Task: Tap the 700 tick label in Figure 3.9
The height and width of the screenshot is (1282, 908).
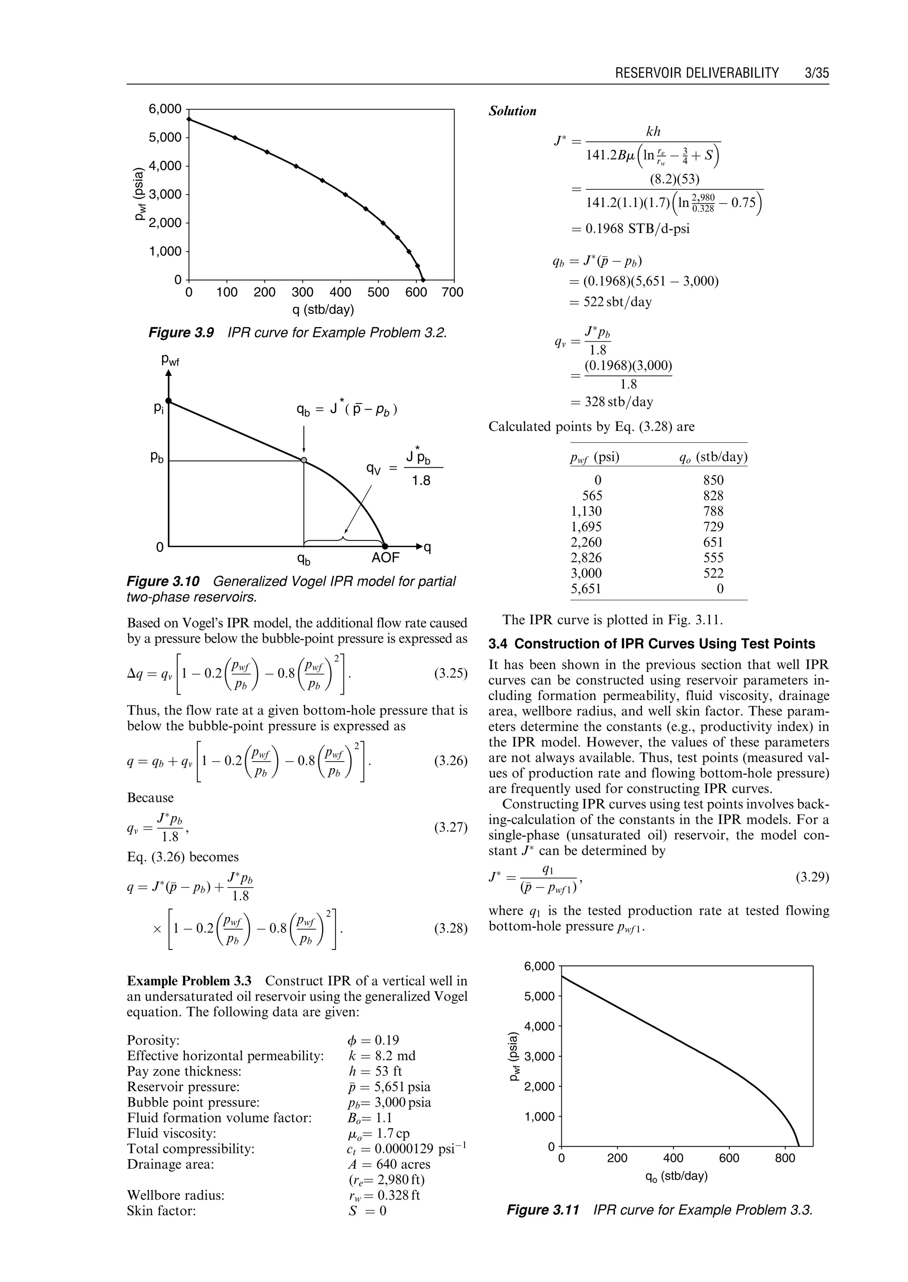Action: click(x=453, y=293)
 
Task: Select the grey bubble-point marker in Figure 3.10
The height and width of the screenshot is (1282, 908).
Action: click(x=304, y=460)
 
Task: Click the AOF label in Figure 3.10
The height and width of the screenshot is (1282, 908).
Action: click(x=386, y=558)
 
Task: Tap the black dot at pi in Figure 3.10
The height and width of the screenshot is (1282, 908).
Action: click(x=168, y=400)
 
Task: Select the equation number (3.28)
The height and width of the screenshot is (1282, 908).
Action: click(x=450, y=929)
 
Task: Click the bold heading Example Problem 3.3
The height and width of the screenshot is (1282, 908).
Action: click(x=189, y=981)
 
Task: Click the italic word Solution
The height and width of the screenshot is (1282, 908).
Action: click(x=512, y=111)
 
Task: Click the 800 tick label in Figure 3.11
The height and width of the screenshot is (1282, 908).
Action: click(x=785, y=1158)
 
